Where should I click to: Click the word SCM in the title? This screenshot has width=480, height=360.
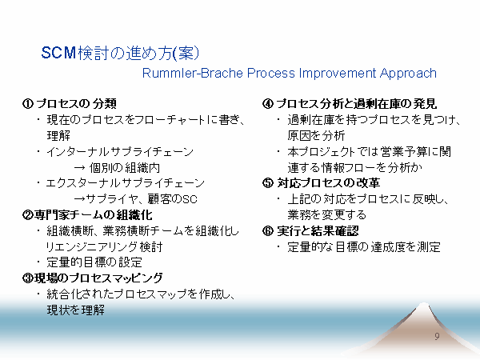point(58,53)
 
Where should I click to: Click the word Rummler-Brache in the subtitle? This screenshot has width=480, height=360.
point(193,73)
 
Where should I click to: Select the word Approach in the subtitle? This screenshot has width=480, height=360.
point(408,74)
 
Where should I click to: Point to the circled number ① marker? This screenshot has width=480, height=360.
point(27,103)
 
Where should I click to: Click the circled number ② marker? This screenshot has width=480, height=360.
point(27,215)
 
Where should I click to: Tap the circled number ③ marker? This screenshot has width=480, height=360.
point(27,278)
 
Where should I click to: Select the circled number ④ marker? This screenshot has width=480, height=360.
point(268,103)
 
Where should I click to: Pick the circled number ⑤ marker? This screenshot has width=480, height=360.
point(268,183)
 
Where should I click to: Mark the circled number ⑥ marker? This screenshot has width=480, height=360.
point(268,231)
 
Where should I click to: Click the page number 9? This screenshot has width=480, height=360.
point(437,336)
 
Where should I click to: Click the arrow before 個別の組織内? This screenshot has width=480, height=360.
point(79,168)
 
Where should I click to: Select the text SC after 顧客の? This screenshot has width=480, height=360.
point(190,199)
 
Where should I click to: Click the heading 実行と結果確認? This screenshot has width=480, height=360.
point(318,231)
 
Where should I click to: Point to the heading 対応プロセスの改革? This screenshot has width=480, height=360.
point(329,183)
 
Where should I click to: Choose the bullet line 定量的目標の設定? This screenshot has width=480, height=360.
point(94,262)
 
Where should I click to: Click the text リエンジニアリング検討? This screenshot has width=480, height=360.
point(104,246)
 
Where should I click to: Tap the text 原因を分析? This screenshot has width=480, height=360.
point(316,135)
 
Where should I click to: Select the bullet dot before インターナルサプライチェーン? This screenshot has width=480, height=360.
point(38,151)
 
